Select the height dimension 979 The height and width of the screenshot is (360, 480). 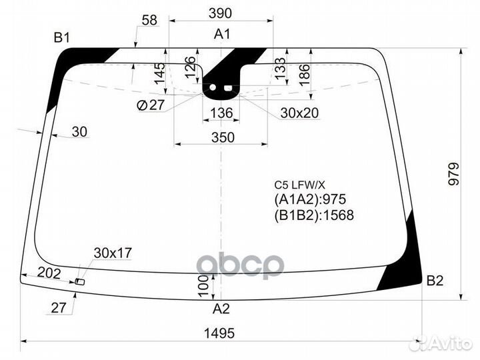tap(455, 175)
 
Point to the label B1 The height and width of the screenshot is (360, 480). tap(62, 38)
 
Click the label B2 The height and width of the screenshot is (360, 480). tap(435, 281)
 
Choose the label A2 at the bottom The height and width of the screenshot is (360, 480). tap(221, 309)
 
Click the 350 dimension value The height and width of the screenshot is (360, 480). tap(223, 137)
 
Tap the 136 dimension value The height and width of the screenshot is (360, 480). tap(221, 114)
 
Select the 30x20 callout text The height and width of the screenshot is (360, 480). tap(299, 114)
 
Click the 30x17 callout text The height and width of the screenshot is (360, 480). tap(113, 253)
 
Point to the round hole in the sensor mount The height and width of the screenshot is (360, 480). tap(214, 87)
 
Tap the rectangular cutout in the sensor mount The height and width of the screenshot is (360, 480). tap(229, 87)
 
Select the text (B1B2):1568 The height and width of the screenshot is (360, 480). tap(313, 215)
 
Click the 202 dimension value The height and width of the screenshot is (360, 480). tap(49, 273)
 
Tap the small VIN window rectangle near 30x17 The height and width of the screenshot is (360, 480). tap(80, 283)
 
